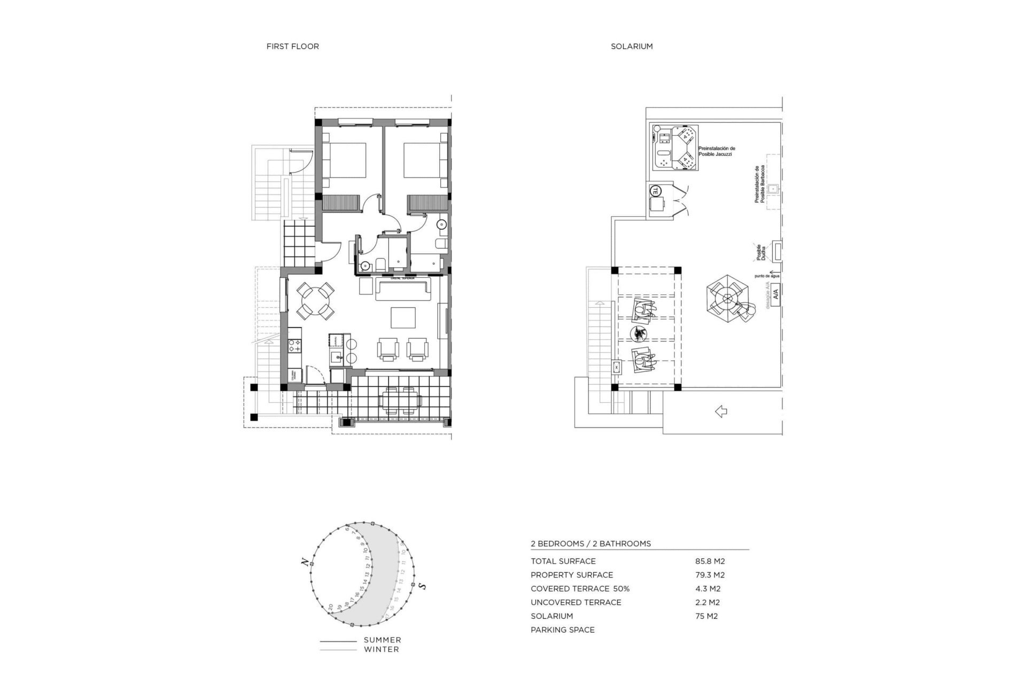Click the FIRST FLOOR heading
click(x=292, y=46)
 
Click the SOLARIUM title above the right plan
click(x=632, y=46)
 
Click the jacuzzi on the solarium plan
click(x=675, y=147)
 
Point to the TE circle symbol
click(x=656, y=190)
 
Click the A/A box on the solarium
click(x=775, y=293)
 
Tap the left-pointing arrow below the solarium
click(x=721, y=411)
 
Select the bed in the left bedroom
click(x=346, y=160)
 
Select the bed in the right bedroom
click(x=423, y=160)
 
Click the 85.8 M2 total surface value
click(x=710, y=561)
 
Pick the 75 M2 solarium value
click(x=706, y=616)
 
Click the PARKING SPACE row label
click(x=562, y=630)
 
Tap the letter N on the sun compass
click(x=304, y=562)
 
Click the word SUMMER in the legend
click(x=382, y=640)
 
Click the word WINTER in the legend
click(x=381, y=650)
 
